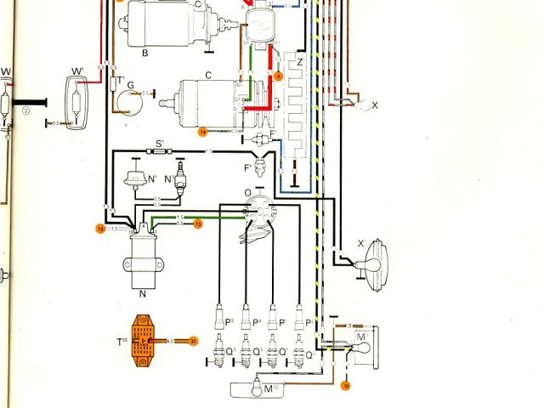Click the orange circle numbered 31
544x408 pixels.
coord(194,341)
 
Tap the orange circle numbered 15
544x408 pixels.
coord(99,229)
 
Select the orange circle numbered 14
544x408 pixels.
coord(202,132)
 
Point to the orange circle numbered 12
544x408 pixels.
coord(197,224)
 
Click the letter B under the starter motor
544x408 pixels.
coord(145,54)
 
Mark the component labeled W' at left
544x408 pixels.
coord(77,92)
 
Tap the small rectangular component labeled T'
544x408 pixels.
coord(115,83)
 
